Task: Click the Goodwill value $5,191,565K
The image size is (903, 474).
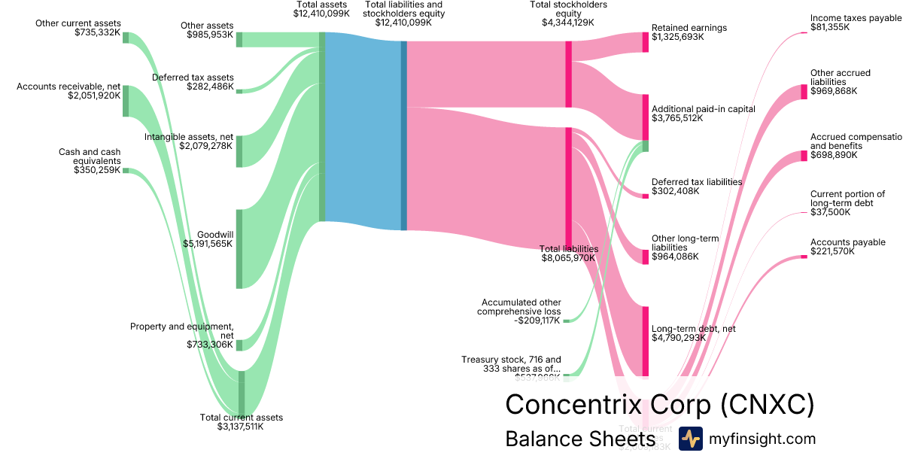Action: coord(208,244)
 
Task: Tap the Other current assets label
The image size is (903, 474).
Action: coord(78,23)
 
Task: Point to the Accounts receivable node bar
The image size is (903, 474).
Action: coord(126,101)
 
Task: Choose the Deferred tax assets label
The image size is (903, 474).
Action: coord(193,77)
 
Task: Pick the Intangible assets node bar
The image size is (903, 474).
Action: coord(239,151)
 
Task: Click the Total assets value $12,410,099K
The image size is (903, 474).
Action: coord(322,14)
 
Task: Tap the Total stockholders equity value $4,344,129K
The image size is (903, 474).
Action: coord(568,23)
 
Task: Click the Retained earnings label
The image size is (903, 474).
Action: coord(689,28)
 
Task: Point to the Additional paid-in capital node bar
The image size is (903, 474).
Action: coord(645,117)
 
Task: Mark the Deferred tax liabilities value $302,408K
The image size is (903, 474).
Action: coord(675,191)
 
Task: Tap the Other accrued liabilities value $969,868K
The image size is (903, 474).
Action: coord(834,91)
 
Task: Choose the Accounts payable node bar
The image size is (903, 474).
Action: coord(804,258)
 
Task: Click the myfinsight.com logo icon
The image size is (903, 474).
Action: coord(690,439)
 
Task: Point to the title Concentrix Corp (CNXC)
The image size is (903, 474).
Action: coord(659,404)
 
